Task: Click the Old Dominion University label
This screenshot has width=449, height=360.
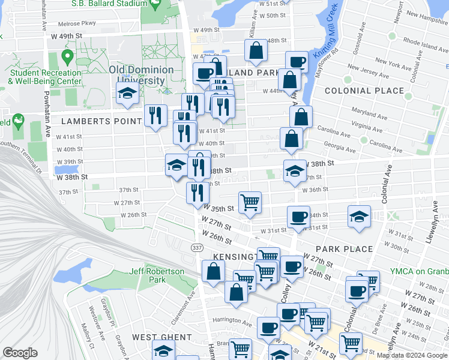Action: pyautogui.click(x=142, y=75)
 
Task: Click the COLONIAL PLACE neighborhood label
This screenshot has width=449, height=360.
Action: pyautogui.click(x=364, y=91)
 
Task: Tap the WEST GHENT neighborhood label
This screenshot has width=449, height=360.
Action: pyautogui.click(x=161, y=337)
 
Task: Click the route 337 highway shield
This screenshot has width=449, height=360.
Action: pyautogui.click(x=196, y=247)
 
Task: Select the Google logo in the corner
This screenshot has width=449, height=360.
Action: pyautogui.click(x=20, y=353)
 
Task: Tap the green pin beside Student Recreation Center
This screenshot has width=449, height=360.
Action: pyautogui.click(x=67, y=58)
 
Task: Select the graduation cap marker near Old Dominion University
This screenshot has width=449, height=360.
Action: pyautogui.click(x=127, y=93)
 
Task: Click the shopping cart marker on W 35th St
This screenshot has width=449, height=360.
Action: pyautogui.click(x=250, y=202)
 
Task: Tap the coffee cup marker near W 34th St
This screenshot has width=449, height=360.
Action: pyautogui.click(x=298, y=217)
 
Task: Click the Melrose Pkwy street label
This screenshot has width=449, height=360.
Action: pyautogui.click(x=77, y=24)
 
